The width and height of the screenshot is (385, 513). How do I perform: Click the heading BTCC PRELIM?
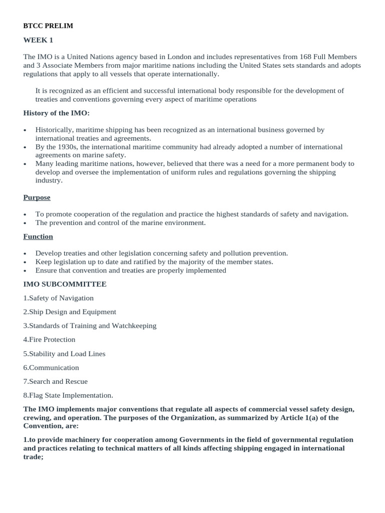48,26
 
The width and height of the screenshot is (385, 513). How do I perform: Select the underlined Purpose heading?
37,197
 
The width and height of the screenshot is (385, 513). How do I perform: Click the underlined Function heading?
38,236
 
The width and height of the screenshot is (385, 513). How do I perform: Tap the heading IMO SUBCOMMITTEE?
65,284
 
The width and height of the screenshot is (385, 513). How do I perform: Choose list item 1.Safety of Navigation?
58,298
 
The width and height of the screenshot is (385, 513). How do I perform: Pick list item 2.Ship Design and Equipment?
70,312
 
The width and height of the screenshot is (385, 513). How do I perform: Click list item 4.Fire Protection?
49,340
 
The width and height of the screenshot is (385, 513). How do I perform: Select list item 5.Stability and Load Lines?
64,354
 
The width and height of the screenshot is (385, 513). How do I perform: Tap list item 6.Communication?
51,368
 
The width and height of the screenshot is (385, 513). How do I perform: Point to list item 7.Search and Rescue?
55,381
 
